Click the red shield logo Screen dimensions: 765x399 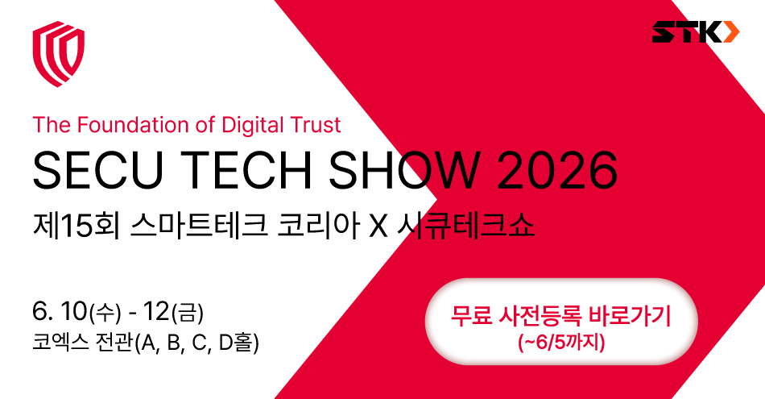point(59,54)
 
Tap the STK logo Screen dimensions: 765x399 point(696,32)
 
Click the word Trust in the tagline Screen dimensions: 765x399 point(310,125)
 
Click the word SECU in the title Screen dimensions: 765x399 point(97,169)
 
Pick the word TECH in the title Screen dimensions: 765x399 point(249,169)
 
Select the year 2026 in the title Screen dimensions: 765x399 point(557,169)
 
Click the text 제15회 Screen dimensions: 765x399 point(76,227)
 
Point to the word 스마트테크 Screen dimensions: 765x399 point(199,227)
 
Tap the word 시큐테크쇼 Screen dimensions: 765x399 point(466,227)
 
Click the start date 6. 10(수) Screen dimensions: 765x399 point(76,312)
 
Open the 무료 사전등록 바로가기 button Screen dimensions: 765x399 point(561,322)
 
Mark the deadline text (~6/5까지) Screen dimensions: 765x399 point(561,343)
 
